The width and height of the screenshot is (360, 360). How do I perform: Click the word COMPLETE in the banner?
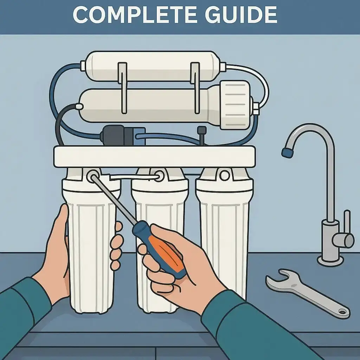[x=134, y=15]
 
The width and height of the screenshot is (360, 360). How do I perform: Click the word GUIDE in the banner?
[x=241, y=15]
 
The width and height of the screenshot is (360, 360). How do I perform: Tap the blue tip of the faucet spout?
[x=287, y=152]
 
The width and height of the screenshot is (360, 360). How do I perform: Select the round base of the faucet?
[x=330, y=261]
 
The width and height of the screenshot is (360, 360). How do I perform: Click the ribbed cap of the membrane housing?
[x=235, y=104]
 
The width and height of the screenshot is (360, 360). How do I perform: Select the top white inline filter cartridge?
[x=152, y=66]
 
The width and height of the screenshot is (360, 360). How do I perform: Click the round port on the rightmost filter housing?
[x=224, y=176]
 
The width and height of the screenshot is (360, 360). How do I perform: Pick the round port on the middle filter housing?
[x=159, y=176]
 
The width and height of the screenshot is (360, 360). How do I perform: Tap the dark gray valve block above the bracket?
[x=117, y=135]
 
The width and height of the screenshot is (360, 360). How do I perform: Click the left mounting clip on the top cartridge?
[x=123, y=88]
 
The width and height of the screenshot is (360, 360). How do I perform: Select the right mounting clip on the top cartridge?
[x=195, y=88]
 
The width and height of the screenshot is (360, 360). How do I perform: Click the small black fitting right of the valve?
[x=201, y=135]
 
